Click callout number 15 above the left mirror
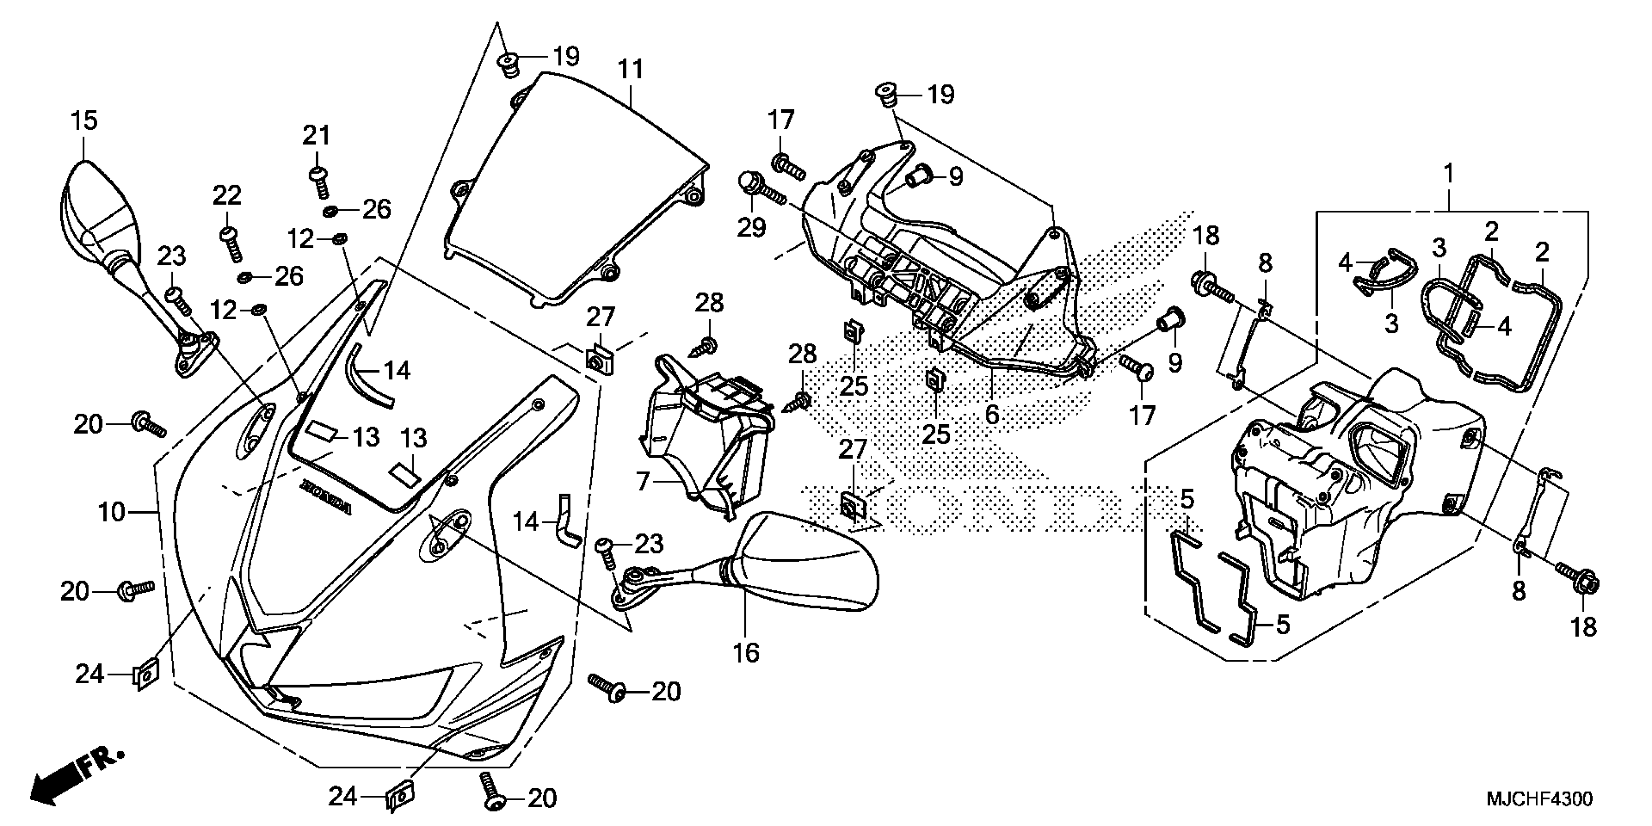pos(84,120)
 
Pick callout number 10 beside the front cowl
pos(111,512)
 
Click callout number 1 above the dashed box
pos(1448,174)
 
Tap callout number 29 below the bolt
pos(751,226)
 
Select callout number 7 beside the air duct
pos(643,481)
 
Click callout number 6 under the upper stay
pos(992,415)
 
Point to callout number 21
pos(316,136)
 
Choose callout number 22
pos(227,196)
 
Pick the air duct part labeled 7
pos(706,443)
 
